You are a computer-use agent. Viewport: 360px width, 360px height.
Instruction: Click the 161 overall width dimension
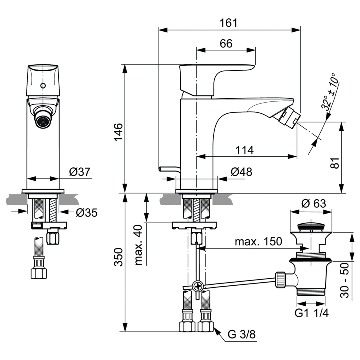pyautogui.click(x=229, y=23)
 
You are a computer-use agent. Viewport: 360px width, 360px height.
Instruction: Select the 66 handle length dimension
pyautogui.click(x=226, y=43)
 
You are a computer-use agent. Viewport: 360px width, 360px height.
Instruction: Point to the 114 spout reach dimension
pyautogui.click(x=245, y=150)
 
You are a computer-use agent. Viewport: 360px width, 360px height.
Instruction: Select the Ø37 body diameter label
pyautogui.click(x=80, y=172)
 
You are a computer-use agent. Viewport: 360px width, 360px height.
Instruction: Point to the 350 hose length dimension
pyautogui.click(x=119, y=257)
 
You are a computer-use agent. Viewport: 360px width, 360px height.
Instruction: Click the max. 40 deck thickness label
pyautogui.click(x=139, y=245)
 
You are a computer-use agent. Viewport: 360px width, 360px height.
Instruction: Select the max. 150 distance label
pyautogui.click(x=258, y=241)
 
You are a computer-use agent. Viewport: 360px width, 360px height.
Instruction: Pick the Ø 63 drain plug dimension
pyautogui.click(x=313, y=203)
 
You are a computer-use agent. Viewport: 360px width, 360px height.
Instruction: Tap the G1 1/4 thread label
pyautogui.click(x=311, y=313)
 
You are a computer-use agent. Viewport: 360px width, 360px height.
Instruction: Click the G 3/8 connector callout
pyautogui.click(x=242, y=334)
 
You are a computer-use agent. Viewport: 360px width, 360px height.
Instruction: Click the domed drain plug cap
pyautogui.click(x=311, y=227)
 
